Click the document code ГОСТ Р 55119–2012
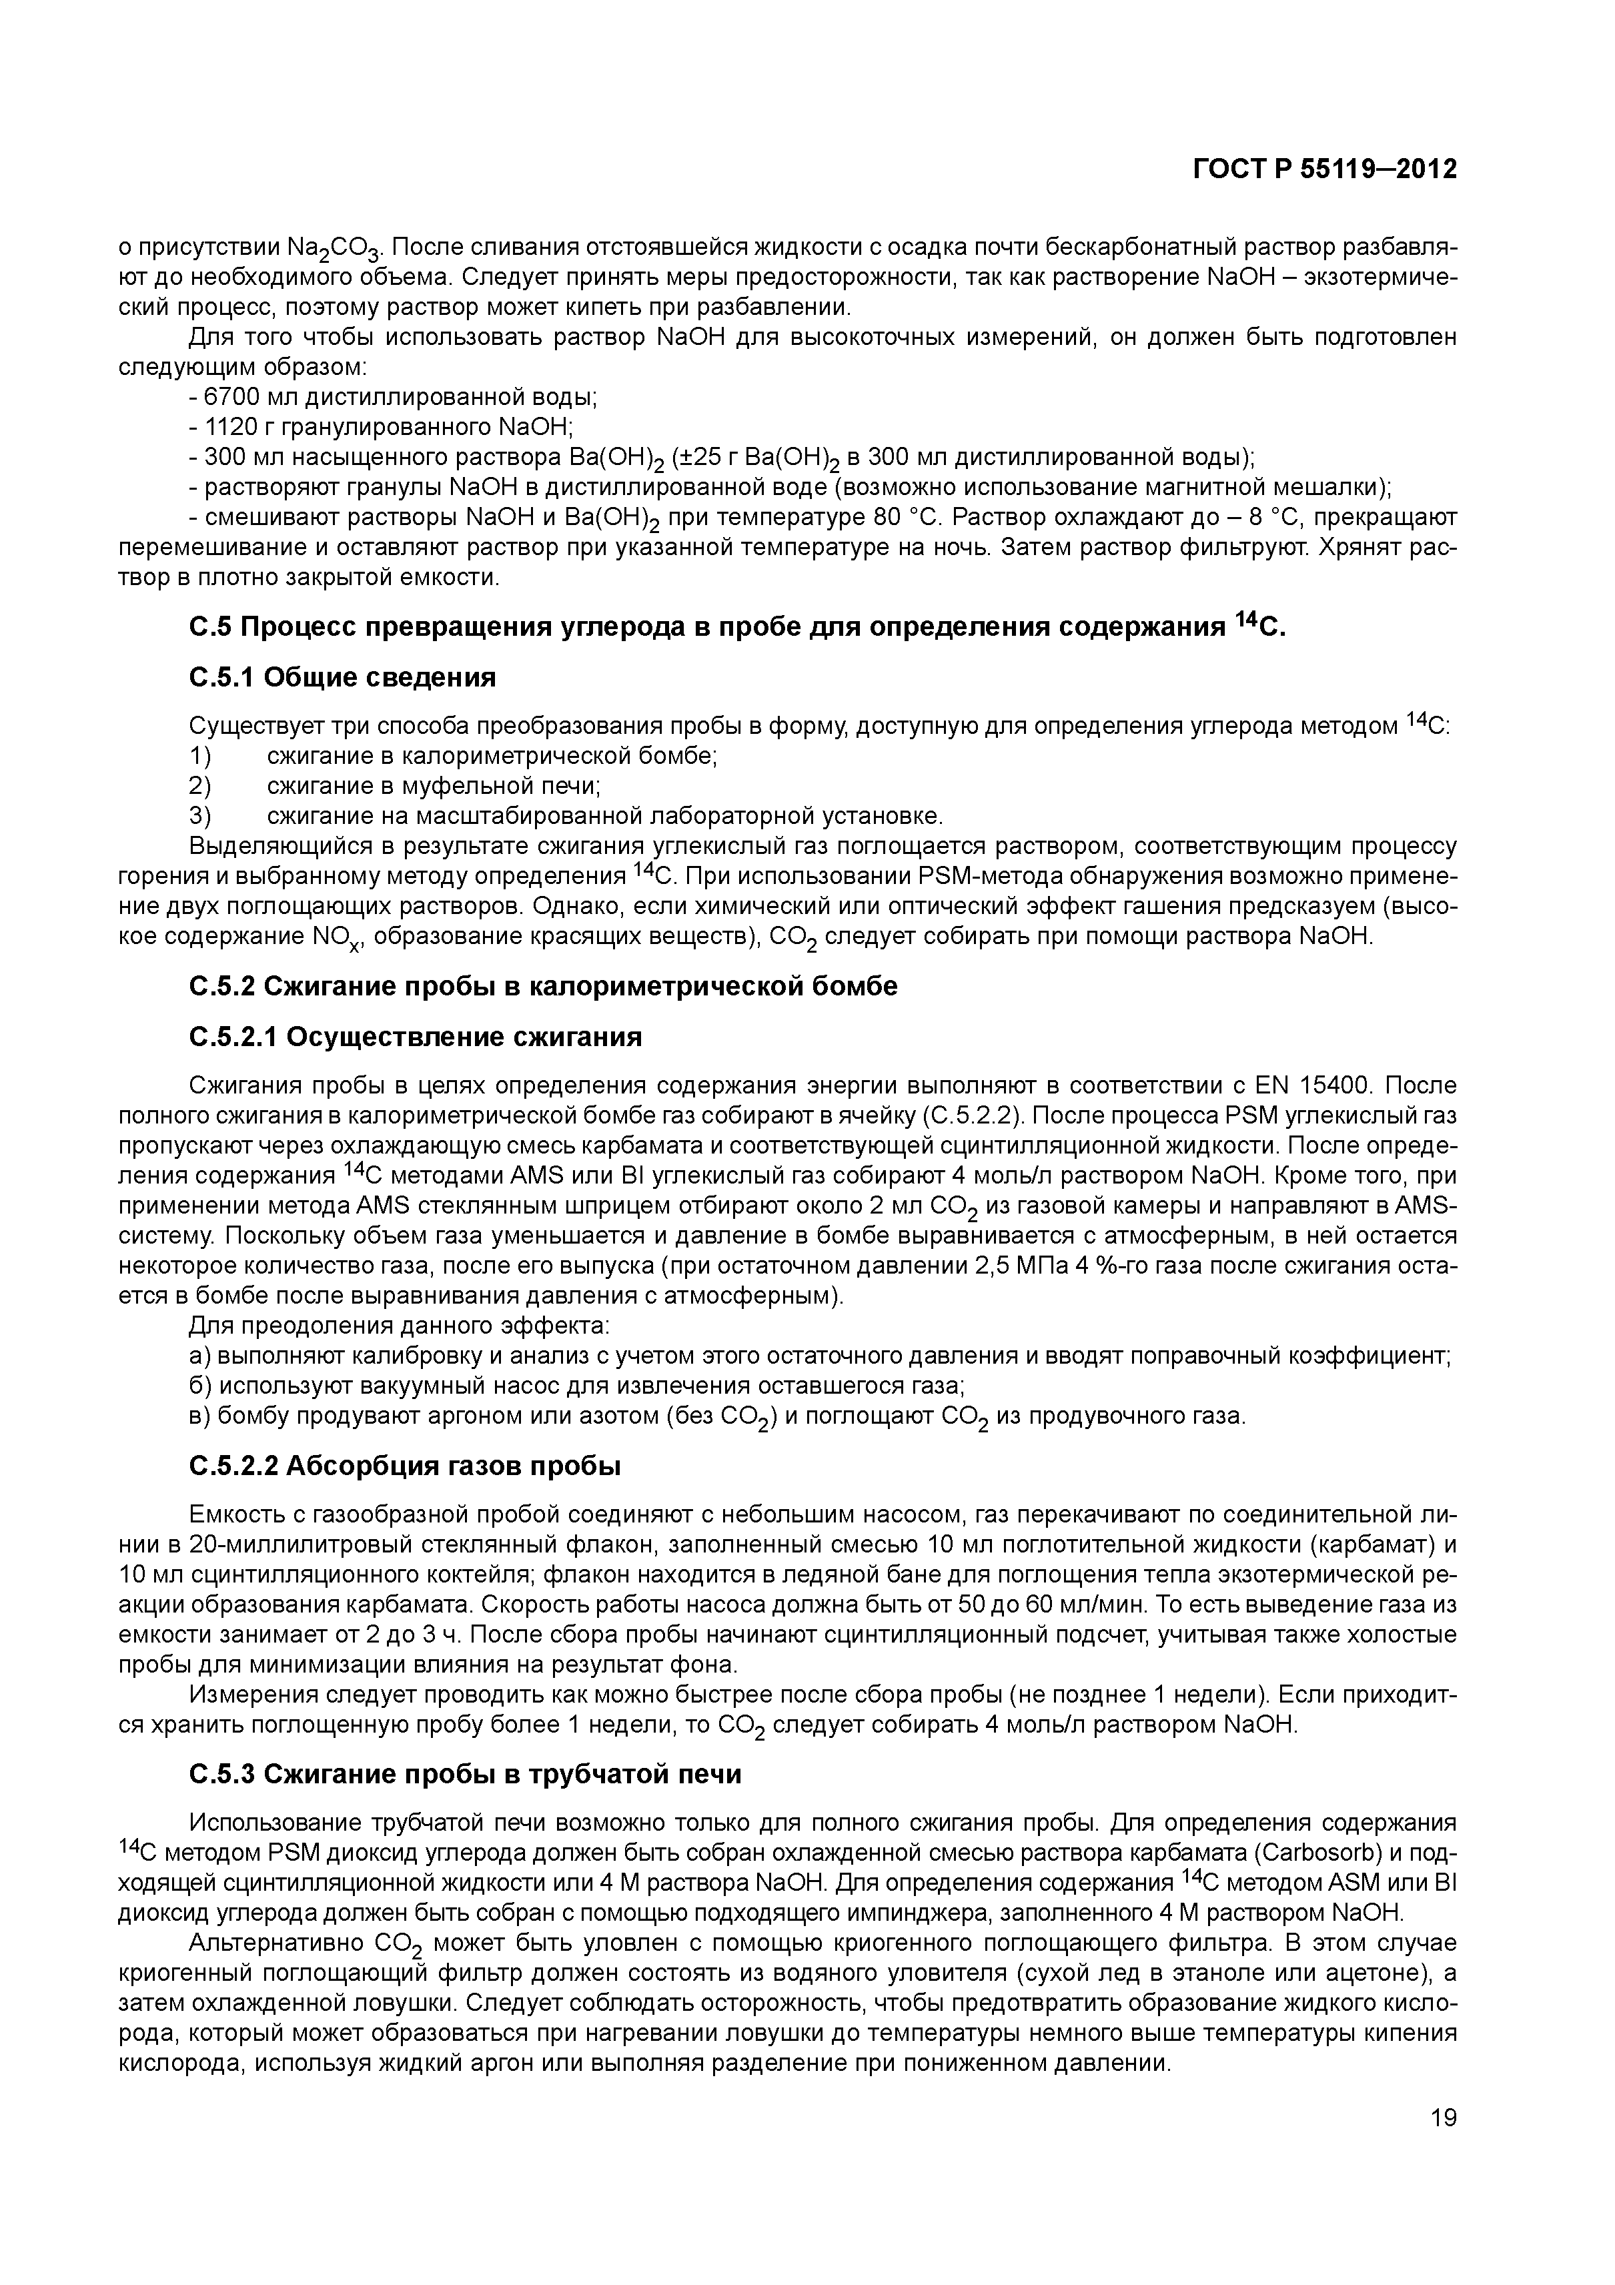[1324, 170]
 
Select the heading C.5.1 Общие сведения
[342, 678]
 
